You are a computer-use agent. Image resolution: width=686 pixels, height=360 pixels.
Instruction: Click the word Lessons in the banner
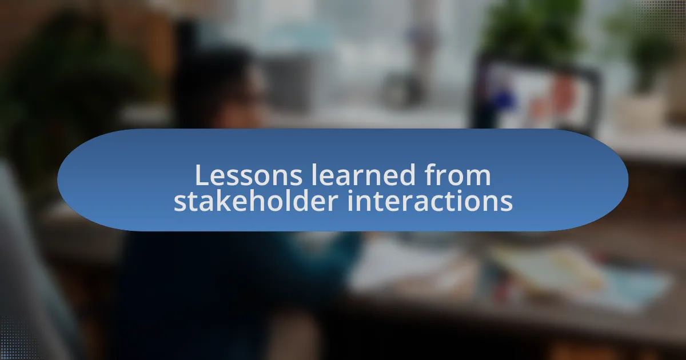[249, 175]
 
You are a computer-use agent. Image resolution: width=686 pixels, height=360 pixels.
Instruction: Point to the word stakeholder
[256, 201]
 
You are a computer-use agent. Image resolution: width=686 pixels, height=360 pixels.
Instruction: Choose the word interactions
[430, 201]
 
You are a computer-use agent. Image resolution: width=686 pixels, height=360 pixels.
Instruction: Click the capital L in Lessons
[202, 175]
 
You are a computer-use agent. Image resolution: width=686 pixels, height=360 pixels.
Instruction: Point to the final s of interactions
[506, 203]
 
